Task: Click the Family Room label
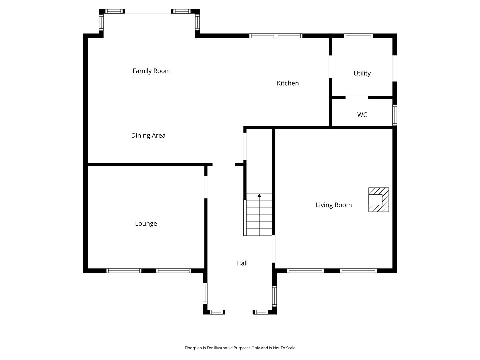click(x=151, y=71)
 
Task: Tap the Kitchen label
click(x=288, y=83)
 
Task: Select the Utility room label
click(x=362, y=73)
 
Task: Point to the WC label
click(x=362, y=115)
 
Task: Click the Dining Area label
click(x=148, y=136)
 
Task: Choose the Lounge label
click(x=146, y=224)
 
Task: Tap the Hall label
click(x=242, y=263)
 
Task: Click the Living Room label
click(x=334, y=205)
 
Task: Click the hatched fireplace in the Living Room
click(x=379, y=200)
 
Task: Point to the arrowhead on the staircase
click(x=259, y=195)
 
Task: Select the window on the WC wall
click(x=394, y=115)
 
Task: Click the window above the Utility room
click(x=358, y=36)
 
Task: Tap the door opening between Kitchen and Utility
click(x=330, y=66)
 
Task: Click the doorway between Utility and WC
click(x=357, y=97)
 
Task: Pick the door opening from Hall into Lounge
click(x=206, y=187)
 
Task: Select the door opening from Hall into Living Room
click(x=274, y=249)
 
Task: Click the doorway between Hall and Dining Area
click(x=224, y=164)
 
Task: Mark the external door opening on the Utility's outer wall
click(x=394, y=68)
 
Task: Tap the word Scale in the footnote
click(x=290, y=348)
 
